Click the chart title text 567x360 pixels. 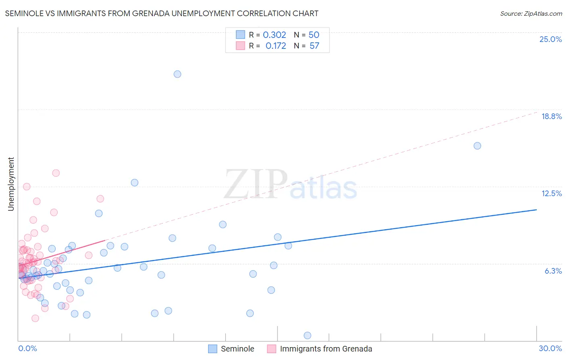click(x=162, y=13)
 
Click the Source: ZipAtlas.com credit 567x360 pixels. click(x=531, y=13)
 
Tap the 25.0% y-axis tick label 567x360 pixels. click(x=550, y=39)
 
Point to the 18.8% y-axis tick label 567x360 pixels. click(x=551, y=116)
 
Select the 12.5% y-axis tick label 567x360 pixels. click(x=551, y=193)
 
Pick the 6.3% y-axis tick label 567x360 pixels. click(x=553, y=271)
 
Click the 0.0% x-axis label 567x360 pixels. click(x=27, y=348)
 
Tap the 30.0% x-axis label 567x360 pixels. click(x=550, y=348)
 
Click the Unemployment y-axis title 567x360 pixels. click(x=11, y=184)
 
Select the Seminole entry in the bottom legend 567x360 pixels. click(x=237, y=349)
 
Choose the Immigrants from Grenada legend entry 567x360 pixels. click(x=326, y=349)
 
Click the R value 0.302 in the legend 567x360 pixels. click(x=274, y=35)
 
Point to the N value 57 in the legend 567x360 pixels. click(x=314, y=46)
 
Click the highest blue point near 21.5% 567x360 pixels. click(x=177, y=74)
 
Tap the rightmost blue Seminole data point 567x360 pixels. click(x=477, y=146)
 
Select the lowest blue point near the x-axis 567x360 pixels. click(x=307, y=335)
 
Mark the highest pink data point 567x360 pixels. click(x=56, y=173)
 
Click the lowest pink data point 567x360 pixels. click(x=35, y=318)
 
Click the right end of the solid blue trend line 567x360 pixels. click(x=536, y=209)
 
